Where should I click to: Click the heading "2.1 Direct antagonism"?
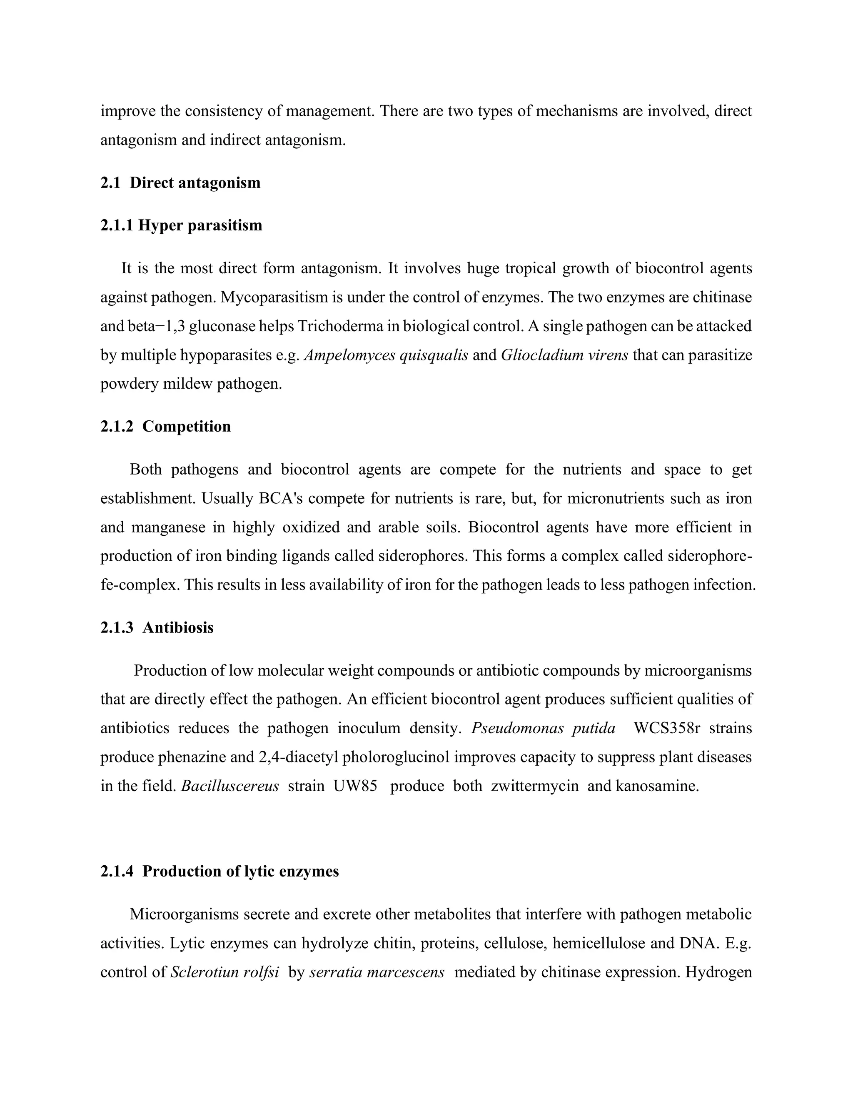click(x=180, y=182)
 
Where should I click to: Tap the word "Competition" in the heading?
click(x=187, y=426)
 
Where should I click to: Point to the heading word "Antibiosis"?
click(x=178, y=627)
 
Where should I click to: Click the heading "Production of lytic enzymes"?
click(x=241, y=871)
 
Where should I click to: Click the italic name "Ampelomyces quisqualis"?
click(x=386, y=355)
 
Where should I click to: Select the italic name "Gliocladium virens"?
click(x=564, y=355)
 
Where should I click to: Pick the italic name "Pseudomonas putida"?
click(x=543, y=728)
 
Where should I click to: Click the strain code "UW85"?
click(x=355, y=786)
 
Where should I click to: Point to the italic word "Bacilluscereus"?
click(x=230, y=786)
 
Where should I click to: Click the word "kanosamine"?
click(x=656, y=786)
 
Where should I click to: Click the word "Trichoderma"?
click(x=341, y=326)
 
